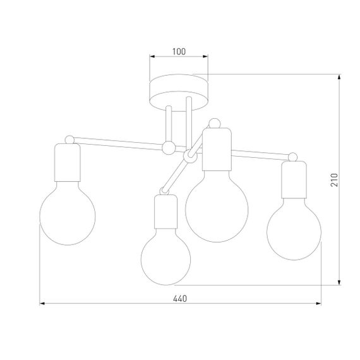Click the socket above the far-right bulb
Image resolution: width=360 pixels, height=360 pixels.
pos(294,179)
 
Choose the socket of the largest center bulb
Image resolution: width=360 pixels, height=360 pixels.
pos(216,148)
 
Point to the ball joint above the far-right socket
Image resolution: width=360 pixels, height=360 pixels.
pos(292,155)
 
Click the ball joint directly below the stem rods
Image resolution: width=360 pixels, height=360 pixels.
pos(169,148)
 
